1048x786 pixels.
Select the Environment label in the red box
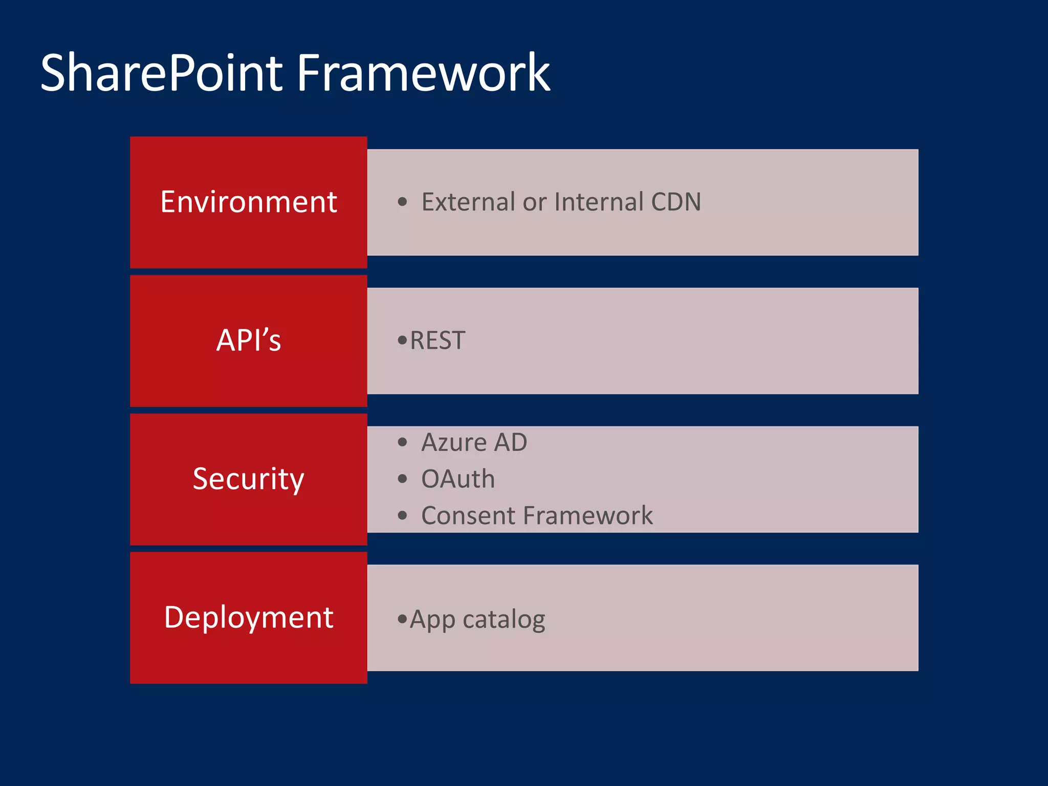tap(249, 202)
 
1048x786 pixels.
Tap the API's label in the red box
tap(249, 340)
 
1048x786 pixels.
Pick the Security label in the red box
tap(249, 479)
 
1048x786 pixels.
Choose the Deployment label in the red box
tap(249, 617)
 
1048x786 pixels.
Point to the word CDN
tap(675, 202)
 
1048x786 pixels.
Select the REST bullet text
tap(438, 341)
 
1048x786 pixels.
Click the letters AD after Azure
tap(510, 443)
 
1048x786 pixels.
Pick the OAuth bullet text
tap(458, 479)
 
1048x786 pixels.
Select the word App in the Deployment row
tap(432, 620)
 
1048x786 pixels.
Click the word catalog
tap(504, 620)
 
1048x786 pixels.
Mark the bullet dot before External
tap(402, 202)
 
